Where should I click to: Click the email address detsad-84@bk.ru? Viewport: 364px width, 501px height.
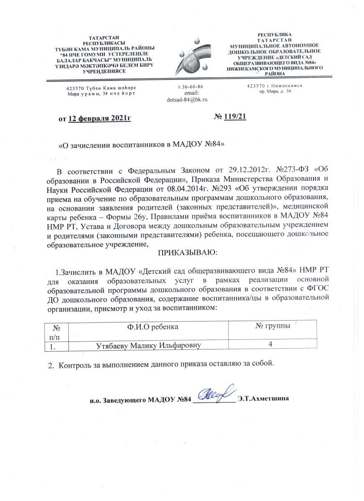pyautogui.click(x=187, y=99)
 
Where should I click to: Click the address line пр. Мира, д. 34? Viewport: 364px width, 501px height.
pyautogui.click(x=275, y=91)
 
